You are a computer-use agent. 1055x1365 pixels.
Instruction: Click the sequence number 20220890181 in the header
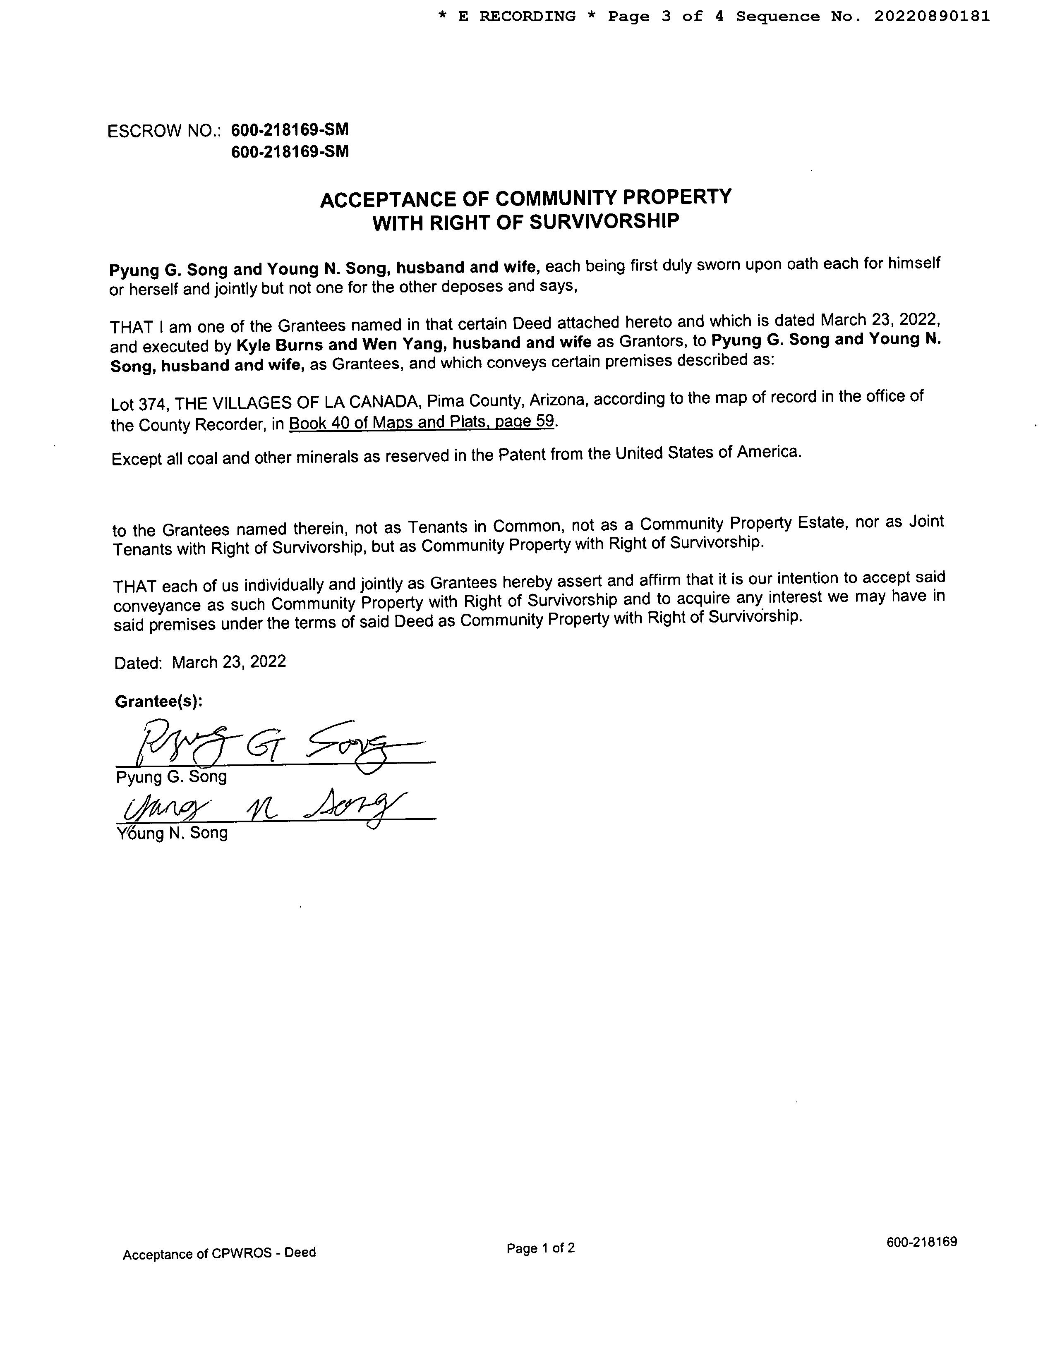tap(931, 17)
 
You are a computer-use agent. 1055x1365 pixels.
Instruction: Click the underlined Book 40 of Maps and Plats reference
tap(421, 422)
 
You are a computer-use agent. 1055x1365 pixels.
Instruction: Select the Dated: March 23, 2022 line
tap(200, 663)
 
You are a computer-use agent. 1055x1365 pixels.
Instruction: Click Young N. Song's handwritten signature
tap(262, 807)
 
